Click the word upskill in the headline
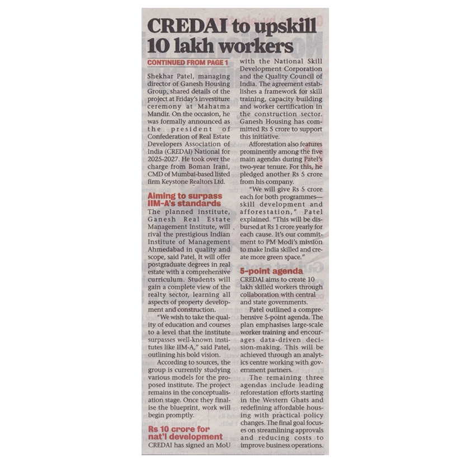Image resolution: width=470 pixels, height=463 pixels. tap(280, 26)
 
